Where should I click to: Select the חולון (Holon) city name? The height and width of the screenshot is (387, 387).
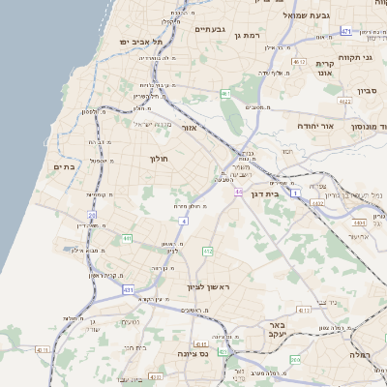pyautogui.click(x=159, y=158)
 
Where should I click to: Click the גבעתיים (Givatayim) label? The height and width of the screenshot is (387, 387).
pyautogui.click(x=210, y=30)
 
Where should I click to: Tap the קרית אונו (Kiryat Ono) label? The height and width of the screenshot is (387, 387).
pyautogui.click(x=324, y=68)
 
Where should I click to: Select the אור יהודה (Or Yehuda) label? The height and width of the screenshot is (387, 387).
pyautogui.click(x=313, y=127)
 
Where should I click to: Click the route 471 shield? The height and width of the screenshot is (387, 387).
pyautogui.click(x=345, y=31)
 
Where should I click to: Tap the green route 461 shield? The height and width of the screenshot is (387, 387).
pyautogui.click(x=224, y=94)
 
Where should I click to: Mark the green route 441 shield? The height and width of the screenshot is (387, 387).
pyautogui.click(x=127, y=237)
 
